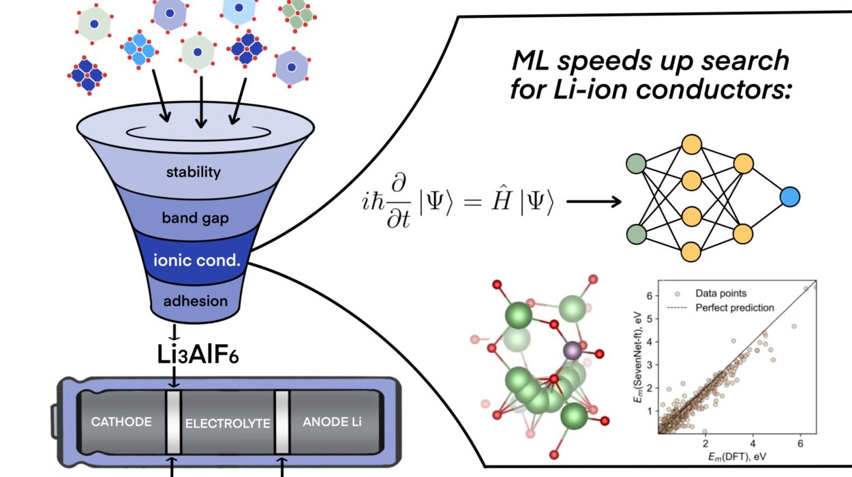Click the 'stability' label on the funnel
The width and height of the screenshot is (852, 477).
pyautogui.click(x=194, y=172)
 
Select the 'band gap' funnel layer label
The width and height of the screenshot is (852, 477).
pyautogui.click(x=194, y=219)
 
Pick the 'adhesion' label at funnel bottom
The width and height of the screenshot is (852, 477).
pyautogui.click(x=195, y=301)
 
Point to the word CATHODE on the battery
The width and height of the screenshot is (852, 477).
pyautogui.click(x=121, y=422)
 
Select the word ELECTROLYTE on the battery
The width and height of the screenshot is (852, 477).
pyautogui.click(x=228, y=423)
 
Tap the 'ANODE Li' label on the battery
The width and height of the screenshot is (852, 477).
pyautogui.click(x=332, y=422)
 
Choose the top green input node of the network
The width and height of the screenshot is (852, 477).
pyautogui.click(x=636, y=164)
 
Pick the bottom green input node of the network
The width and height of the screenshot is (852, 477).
pyautogui.click(x=636, y=233)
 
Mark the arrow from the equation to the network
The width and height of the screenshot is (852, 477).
pyautogui.click(x=593, y=202)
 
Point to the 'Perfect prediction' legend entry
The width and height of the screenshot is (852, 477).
pyautogui.click(x=735, y=308)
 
